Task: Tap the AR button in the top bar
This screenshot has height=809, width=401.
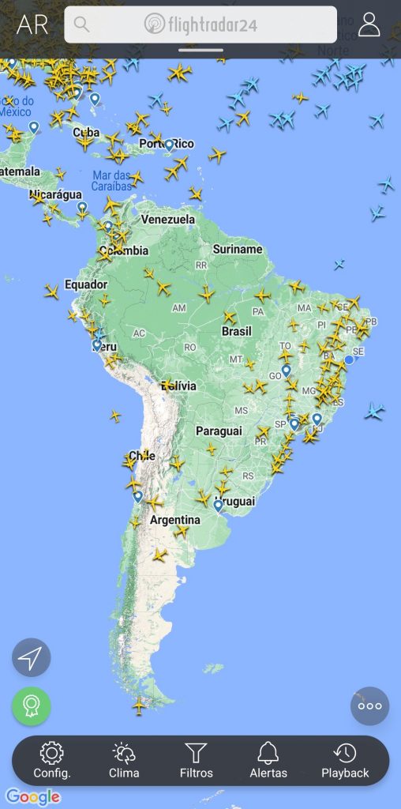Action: click(32, 24)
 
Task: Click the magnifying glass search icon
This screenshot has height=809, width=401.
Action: click(80, 24)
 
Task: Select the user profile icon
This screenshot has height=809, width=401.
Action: click(369, 24)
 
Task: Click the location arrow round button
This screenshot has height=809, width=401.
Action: click(31, 657)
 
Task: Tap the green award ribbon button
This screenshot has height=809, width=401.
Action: click(31, 706)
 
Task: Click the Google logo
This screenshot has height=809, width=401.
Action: click(34, 797)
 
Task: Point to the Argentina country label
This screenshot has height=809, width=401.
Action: click(174, 520)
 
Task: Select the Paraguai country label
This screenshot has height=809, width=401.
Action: click(218, 431)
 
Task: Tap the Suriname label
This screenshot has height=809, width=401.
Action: click(237, 249)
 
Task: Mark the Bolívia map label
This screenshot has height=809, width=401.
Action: click(179, 386)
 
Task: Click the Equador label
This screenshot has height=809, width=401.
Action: click(85, 284)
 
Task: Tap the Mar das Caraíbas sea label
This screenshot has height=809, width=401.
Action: click(111, 181)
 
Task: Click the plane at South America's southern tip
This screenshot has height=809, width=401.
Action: click(140, 706)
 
